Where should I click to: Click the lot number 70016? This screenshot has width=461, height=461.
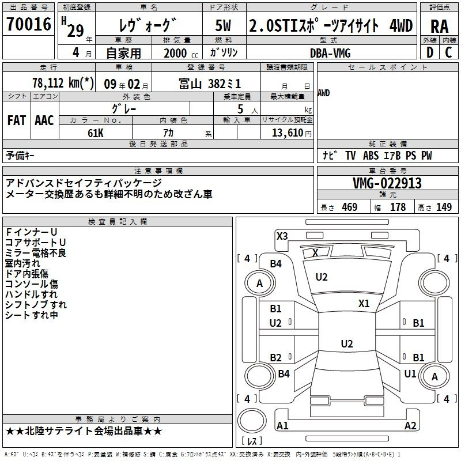[29, 24]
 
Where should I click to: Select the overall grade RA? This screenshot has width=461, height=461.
[439, 27]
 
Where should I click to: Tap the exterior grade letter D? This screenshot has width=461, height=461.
[430, 52]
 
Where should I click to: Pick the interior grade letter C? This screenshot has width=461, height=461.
[448, 52]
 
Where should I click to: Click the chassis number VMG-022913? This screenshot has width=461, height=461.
[387, 183]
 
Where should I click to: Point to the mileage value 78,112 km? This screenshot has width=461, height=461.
[63, 83]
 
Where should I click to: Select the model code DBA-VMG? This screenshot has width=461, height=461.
[330, 53]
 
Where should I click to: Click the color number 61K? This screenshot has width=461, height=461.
[96, 133]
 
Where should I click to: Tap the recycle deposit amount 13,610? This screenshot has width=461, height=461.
[288, 133]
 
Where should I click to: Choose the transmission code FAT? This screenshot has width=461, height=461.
[17, 120]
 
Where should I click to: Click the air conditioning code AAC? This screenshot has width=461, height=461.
[44, 120]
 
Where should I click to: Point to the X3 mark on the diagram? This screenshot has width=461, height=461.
[282, 236]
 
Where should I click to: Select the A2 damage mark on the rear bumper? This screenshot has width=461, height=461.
[410, 425]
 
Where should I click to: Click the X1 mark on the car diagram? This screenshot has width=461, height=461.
[364, 304]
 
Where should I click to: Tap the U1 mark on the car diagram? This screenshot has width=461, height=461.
[410, 373]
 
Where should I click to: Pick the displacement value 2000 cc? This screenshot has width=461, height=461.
[180, 54]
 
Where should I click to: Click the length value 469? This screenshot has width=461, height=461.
[350, 207]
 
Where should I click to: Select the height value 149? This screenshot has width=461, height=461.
[444, 207]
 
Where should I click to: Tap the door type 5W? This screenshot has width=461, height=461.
[223, 25]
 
